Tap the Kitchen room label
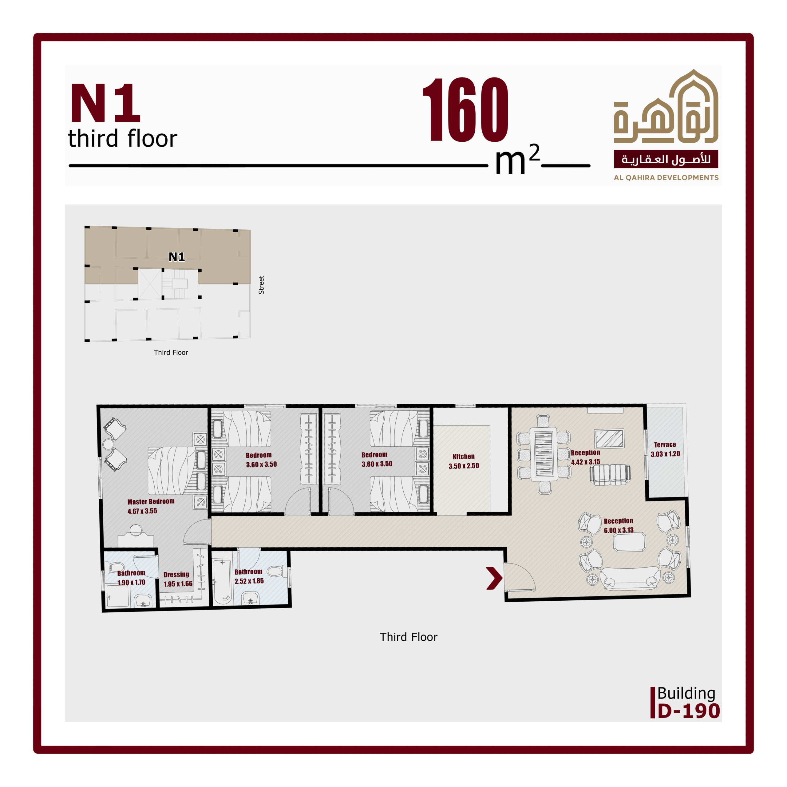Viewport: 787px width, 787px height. [464, 457]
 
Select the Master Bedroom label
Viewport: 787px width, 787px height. [151, 501]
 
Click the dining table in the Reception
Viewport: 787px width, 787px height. [544, 453]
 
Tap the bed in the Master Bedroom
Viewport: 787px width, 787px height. [177, 470]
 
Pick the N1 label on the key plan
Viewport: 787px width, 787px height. [177, 257]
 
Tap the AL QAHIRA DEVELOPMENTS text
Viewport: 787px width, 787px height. [666, 178]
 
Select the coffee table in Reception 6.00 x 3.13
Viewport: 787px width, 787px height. [629, 543]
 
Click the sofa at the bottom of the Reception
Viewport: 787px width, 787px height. [630, 579]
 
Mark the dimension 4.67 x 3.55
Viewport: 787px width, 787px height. [142, 511]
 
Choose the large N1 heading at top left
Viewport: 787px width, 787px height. [105, 103]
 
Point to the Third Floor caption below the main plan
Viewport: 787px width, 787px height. [408, 637]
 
